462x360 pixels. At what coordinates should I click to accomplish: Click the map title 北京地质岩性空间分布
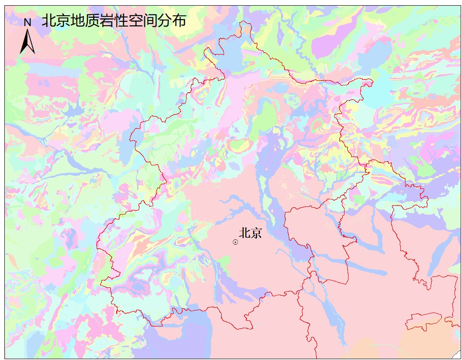[114, 21]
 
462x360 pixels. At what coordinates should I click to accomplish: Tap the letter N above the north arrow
[27, 22]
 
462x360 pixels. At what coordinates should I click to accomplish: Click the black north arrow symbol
[27, 42]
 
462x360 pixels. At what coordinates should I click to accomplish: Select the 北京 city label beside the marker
[250, 233]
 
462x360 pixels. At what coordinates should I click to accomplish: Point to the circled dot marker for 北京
[235, 242]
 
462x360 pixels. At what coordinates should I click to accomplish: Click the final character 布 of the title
[179, 21]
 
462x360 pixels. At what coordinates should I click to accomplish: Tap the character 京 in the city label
[256, 233]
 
